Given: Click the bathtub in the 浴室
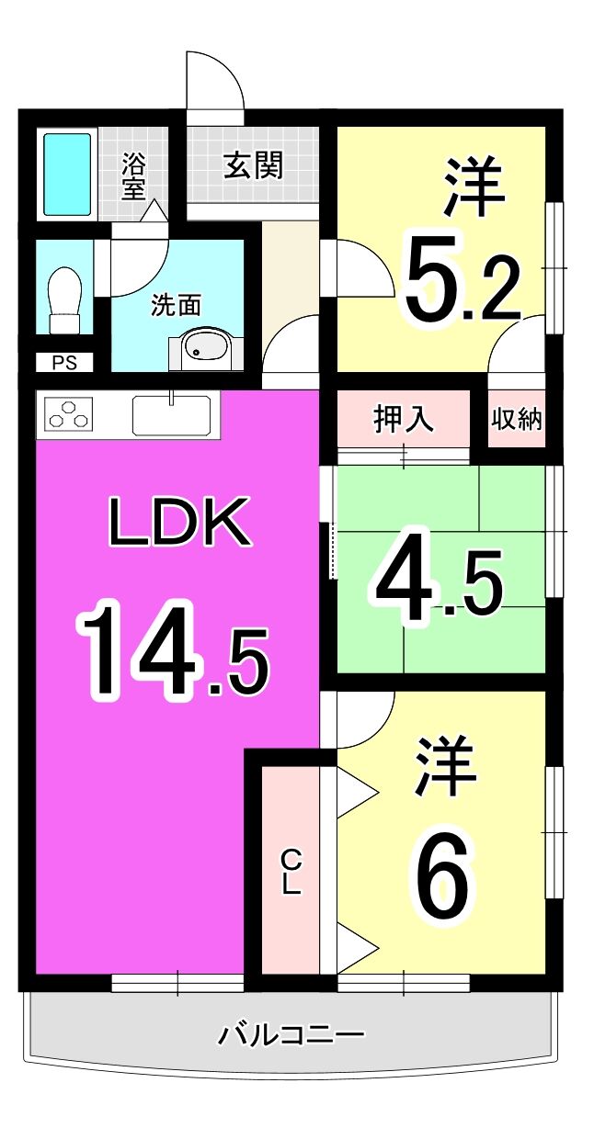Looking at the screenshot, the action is [x=67, y=174].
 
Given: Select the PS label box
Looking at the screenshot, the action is [x=64, y=362].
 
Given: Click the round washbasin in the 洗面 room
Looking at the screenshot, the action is [x=200, y=347].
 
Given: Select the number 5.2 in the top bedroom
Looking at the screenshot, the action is [x=463, y=279].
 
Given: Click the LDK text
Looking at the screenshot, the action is [x=179, y=522].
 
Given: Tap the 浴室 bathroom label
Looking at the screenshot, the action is [x=133, y=176].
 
